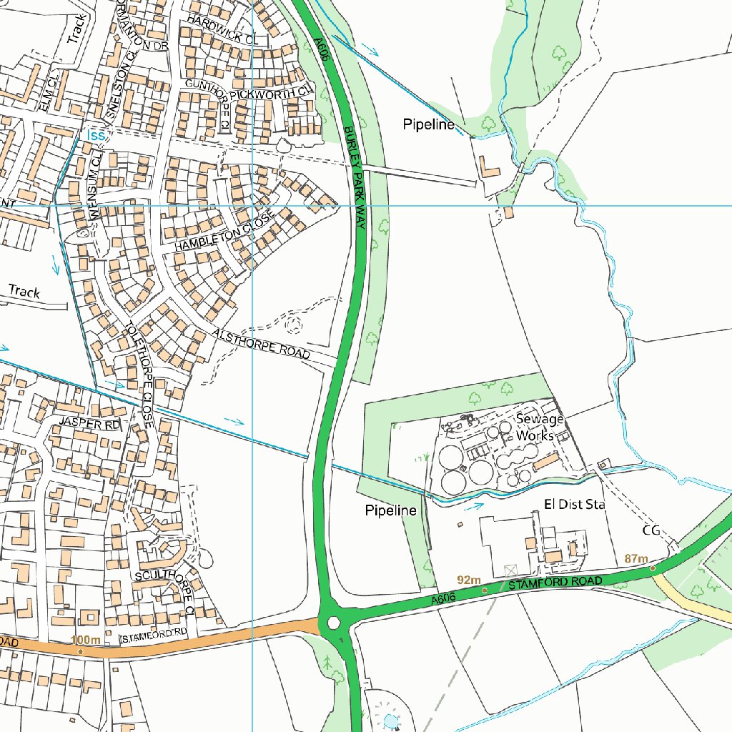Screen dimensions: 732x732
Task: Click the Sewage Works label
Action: pos(540,427)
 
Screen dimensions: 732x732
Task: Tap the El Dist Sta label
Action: pos(574,505)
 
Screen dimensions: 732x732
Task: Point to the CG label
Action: pos(651,531)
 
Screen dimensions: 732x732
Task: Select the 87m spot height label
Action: pos(635,558)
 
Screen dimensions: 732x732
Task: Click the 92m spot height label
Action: pos(468,580)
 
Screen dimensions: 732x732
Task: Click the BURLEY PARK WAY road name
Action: pos(355,178)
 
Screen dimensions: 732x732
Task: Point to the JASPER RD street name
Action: pos(91,424)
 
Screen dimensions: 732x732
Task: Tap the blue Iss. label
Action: pos(96,135)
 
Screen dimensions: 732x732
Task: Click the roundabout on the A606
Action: pos(333,623)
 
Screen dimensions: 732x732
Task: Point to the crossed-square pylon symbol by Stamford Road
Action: pos(510,570)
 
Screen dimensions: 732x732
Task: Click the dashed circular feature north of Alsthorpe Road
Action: pos(292,325)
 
